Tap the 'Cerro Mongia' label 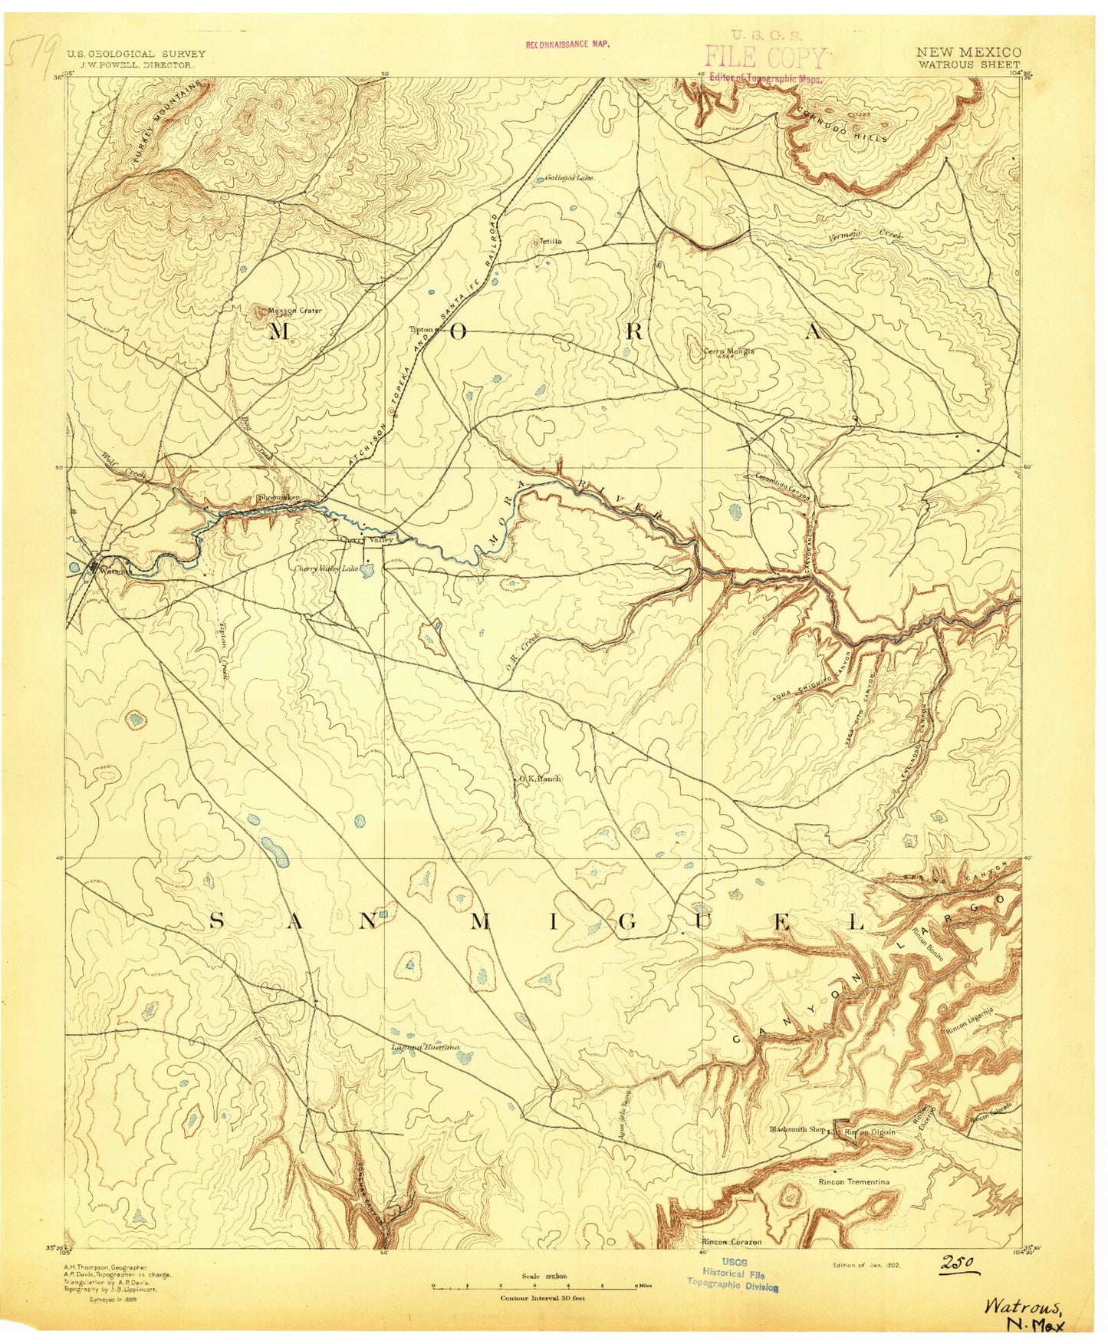[728, 351]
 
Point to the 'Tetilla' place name [550, 241]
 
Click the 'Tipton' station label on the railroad [422, 330]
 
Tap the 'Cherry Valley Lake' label [327, 568]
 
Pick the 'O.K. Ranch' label [538, 778]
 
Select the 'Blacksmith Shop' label [797, 1130]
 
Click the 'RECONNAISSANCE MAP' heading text [567, 44]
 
